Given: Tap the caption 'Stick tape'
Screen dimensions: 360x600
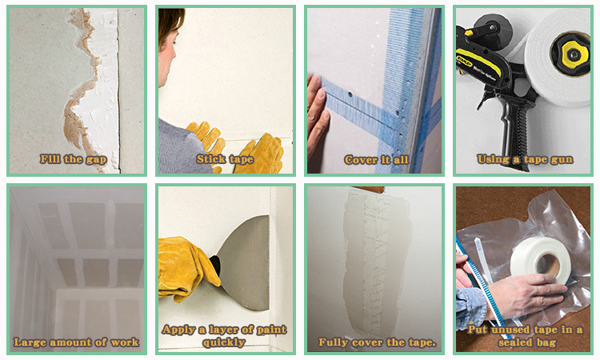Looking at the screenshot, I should pyautogui.click(x=224, y=159).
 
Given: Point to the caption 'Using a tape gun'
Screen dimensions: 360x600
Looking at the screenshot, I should pyautogui.click(x=525, y=159).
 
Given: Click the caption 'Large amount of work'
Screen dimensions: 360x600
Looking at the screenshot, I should pyautogui.click(x=76, y=342).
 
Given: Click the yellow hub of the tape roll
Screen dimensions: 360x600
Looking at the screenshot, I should pyautogui.click(x=574, y=54).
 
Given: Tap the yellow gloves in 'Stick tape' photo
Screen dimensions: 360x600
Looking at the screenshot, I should pyautogui.click(x=240, y=148).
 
